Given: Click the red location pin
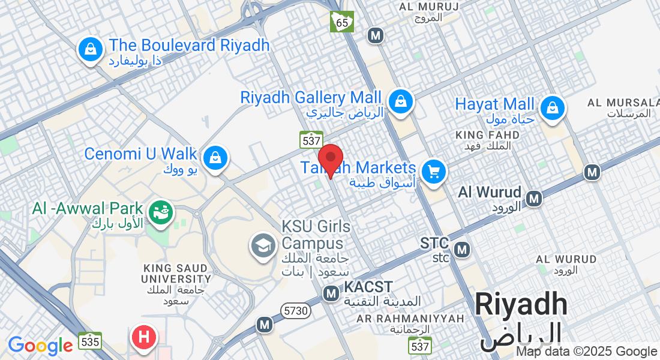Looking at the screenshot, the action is click(x=330, y=160).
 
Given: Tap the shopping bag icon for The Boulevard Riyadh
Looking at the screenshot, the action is click(x=90, y=49).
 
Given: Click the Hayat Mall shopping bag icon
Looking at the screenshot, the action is click(x=550, y=108).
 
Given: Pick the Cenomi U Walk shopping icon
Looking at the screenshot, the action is click(x=214, y=158).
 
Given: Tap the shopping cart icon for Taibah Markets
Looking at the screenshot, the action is click(x=433, y=172).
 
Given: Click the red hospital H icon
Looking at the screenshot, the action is click(x=144, y=337).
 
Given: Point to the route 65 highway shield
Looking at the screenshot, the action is click(x=342, y=22).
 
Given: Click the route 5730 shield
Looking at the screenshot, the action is click(x=296, y=311).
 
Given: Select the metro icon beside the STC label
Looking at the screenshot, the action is click(x=462, y=248).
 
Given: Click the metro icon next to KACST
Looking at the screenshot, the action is click(x=331, y=293).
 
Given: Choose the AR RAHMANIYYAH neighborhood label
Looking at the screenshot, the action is click(x=410, y=318).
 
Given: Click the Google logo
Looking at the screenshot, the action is click(x=40, y=346).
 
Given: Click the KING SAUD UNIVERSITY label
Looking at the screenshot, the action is click(x=176, y=273).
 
